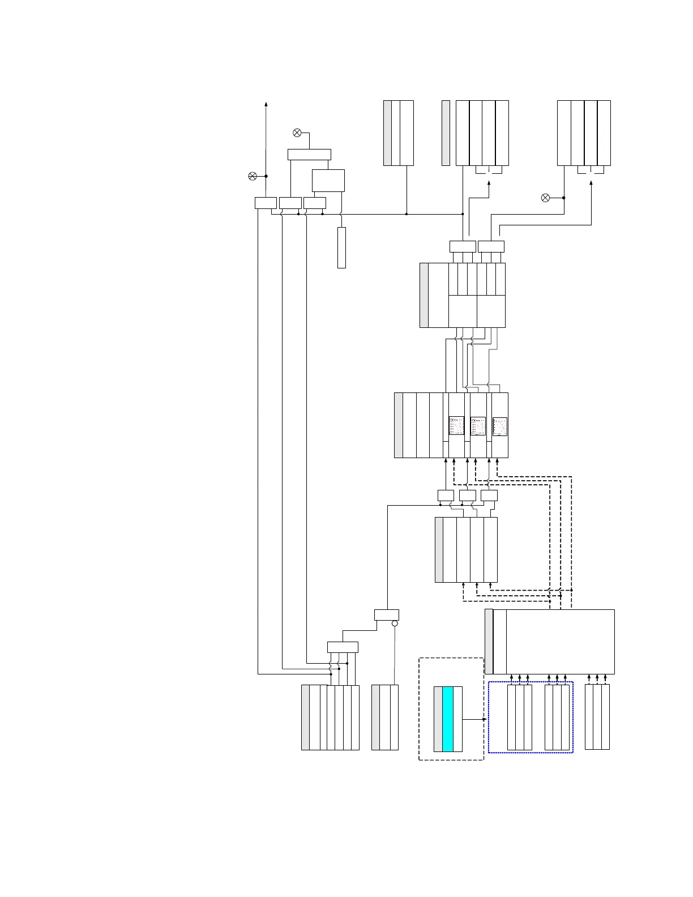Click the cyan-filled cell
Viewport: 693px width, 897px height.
(448, 719)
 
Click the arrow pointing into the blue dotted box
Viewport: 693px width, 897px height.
(485, 719)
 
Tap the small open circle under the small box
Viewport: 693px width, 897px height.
(395, 623)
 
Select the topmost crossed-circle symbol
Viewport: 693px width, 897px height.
(297, 133)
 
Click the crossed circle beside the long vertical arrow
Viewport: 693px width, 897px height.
(253, 176)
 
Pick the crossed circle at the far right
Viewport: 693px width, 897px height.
(545, 198)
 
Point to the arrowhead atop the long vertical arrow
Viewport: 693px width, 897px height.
(266, 104)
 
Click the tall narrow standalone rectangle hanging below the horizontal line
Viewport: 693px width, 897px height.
(341, 247)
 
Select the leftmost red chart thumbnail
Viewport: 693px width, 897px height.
(456, 426)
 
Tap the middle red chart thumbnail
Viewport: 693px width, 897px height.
(478, 426)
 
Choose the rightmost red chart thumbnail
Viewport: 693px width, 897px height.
(500, 426)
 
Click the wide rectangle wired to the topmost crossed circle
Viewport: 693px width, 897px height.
(309, 155)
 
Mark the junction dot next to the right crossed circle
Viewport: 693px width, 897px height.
(564, 198)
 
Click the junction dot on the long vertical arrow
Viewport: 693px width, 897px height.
(266, 176)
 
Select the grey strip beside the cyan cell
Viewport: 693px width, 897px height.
(438, 719)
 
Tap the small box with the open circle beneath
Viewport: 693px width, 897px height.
(387, 615)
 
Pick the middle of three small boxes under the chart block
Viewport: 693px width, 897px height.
(468, 496)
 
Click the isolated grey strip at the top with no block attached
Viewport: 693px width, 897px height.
(446, 133)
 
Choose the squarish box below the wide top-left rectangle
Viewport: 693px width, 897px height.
(328, 180)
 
